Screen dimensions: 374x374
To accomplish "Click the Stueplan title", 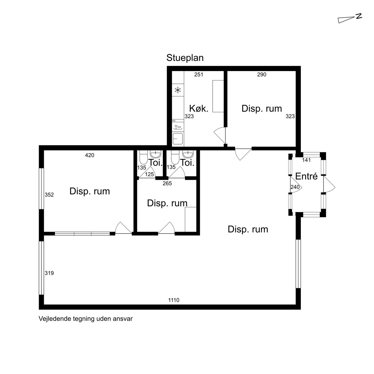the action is [x=185, y=58].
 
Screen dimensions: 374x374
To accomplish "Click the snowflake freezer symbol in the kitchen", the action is [x=178, y=90].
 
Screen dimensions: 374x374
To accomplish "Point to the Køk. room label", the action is [x=199, y=108].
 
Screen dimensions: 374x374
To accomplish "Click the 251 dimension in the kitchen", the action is [x=198, y=75].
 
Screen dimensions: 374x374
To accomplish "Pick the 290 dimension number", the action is [x=262, y=75].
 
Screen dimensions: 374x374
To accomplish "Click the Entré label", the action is [x=306, y=176].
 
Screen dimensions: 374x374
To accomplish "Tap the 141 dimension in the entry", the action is [x=306, y=160].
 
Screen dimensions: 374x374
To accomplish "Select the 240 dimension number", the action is [x=295, y=187].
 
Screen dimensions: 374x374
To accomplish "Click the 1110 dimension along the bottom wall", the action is [x=174, y=300].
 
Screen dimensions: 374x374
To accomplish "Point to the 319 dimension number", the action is [x=49, y=273].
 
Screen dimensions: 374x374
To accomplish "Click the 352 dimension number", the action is [x=49, y=195].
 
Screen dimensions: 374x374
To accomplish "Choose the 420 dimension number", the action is [x=90, y=155].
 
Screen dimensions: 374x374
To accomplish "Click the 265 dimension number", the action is [x=167, y=184].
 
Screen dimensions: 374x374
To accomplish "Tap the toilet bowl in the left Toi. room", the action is [x=144, y=157].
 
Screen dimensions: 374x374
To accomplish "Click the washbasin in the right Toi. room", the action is [x=188, y=154].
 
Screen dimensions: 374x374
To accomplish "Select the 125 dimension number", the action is [x=149, y=174].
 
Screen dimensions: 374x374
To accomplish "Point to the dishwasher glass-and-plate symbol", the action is [x=178, y=127].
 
